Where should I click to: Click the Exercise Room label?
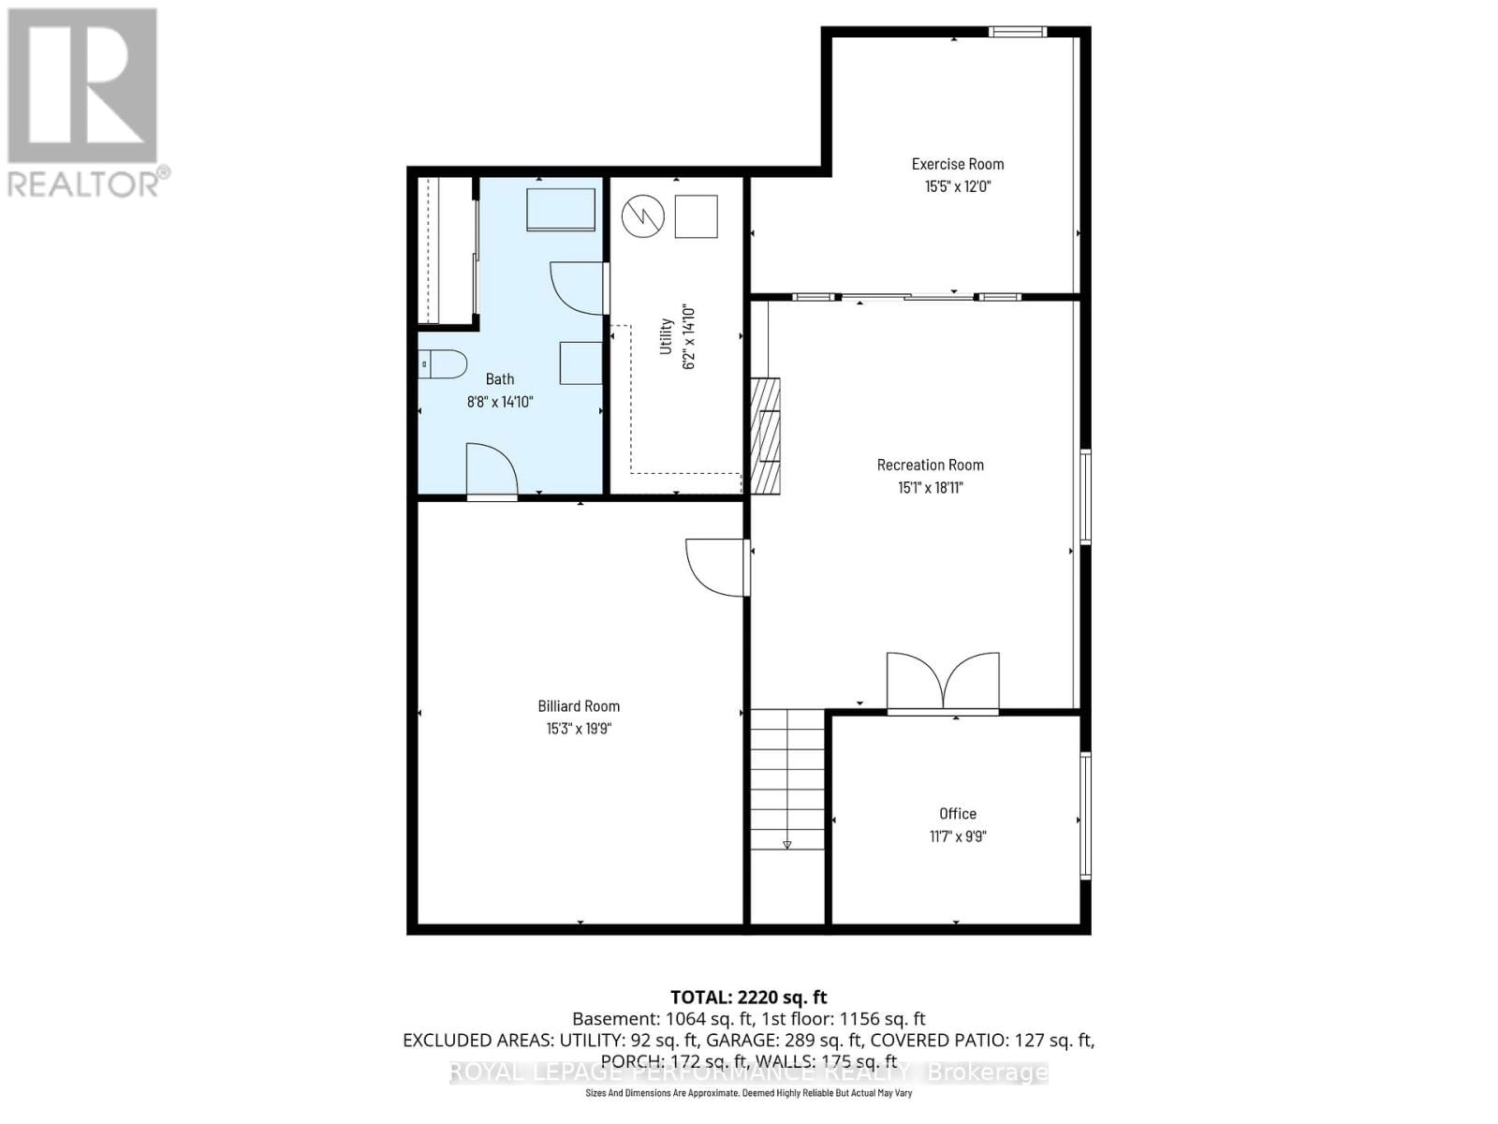pos(957,164)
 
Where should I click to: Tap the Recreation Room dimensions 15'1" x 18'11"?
pos(930,487)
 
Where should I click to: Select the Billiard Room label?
pos(579,706)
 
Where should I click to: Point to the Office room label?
pos(957,814)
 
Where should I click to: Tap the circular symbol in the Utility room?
pos(643,216)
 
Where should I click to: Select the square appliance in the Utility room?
pos(696,216)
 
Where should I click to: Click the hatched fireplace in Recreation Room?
pos(765,436)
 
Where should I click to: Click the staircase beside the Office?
pos(786,777)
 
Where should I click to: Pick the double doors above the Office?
pos(943,681)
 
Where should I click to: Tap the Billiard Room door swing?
pos(715,567)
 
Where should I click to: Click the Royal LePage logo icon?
pos(82,86)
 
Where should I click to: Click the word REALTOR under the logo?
pos(84,183)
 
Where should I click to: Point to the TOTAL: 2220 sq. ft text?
pos(748,998)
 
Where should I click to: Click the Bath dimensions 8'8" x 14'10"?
pos(499,402)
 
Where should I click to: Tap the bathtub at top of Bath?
pos(561,210)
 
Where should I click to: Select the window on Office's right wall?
pos(1086,815)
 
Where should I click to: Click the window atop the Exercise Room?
pos(1018,32)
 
